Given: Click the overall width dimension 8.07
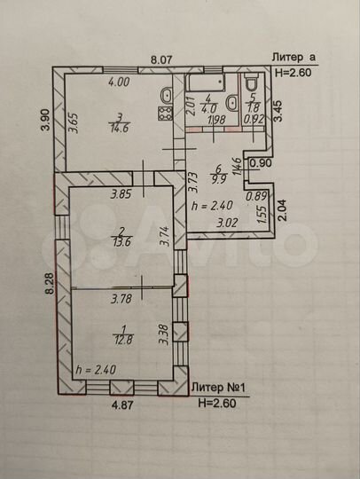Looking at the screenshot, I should click(160, 59).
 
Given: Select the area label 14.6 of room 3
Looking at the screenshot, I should click(118, 128).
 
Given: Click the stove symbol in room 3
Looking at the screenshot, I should click(163, 112).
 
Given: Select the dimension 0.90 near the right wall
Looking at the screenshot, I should click(260, 163).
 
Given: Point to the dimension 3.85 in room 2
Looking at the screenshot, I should click(121, 194).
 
